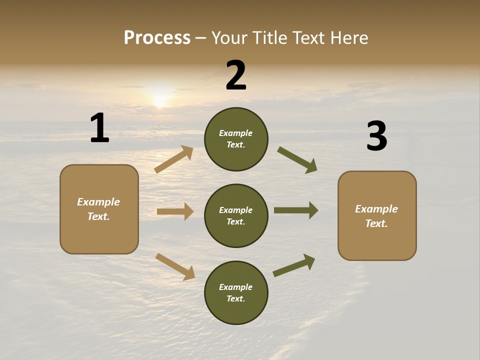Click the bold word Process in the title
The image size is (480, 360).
pos(157,37)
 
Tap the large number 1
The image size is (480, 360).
pos(99,128)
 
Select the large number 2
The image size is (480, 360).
pos(236,75)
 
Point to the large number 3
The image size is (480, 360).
pos(376,136)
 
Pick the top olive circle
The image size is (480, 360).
pos(236,139)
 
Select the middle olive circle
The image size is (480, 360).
pos(236,215)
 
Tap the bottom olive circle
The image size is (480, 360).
pos(236,292)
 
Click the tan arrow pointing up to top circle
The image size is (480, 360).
pos(174,159)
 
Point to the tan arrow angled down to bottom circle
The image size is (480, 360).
pos(175,266)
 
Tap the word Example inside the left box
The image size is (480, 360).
pos(98,202)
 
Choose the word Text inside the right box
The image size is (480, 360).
pos(376,223)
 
